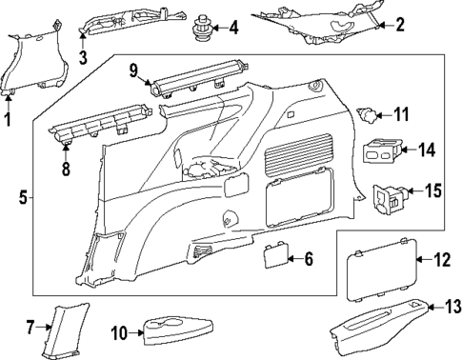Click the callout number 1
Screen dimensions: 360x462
point(9,119)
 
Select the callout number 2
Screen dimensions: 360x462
point(400,26)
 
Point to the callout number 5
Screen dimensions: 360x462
point(23,198)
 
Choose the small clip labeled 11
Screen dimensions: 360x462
point(367,116)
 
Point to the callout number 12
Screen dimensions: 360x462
point(441,260)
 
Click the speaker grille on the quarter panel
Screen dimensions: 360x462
point(300,148)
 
